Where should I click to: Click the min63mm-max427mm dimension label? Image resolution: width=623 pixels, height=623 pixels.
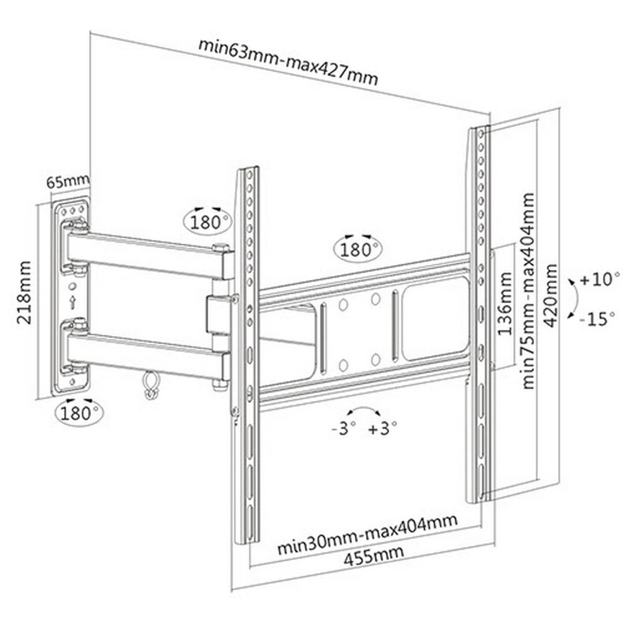point(288,62)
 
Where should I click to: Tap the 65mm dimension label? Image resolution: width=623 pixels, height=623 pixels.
point(67,182)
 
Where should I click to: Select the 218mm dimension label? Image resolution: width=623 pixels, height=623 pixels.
point(24,292)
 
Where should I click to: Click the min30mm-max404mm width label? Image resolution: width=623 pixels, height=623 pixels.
point(368,534)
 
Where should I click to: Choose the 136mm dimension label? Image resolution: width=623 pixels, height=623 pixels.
point(505,303)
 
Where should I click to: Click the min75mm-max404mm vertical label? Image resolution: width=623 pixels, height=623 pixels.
point(527,290)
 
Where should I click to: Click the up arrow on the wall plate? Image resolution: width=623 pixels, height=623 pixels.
point(73,302)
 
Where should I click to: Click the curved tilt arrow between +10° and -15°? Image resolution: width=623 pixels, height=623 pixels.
point(576,299)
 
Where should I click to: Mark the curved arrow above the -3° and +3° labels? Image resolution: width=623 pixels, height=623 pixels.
point(363,408)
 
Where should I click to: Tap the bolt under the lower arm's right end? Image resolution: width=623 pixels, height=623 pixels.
point(219,386)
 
